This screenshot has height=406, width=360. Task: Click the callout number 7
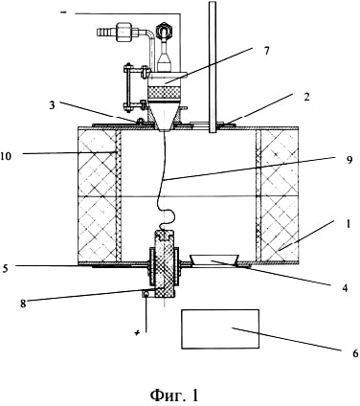[x=266, y=50]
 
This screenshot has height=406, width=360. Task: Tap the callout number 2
[x=306, y=97]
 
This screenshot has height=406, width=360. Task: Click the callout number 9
[x=349, y=160]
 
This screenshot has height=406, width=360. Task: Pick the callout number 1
[x=349, y=224]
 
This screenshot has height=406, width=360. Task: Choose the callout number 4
[x=344, y=287]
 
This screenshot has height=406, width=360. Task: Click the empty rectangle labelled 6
[x=220, y=328]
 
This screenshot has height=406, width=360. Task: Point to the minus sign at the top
[x=64, y=12]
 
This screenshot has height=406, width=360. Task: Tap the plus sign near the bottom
[x=137, y=333]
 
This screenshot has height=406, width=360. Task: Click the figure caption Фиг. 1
[x=174, y=395]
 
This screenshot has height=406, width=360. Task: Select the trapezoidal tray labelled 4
[x=214, y=259]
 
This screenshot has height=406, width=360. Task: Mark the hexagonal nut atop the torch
[x=164, y=30]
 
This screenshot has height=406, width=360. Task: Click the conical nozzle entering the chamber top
[x=165, y=118]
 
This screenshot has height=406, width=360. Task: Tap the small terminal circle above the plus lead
[x=146, y=294]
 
